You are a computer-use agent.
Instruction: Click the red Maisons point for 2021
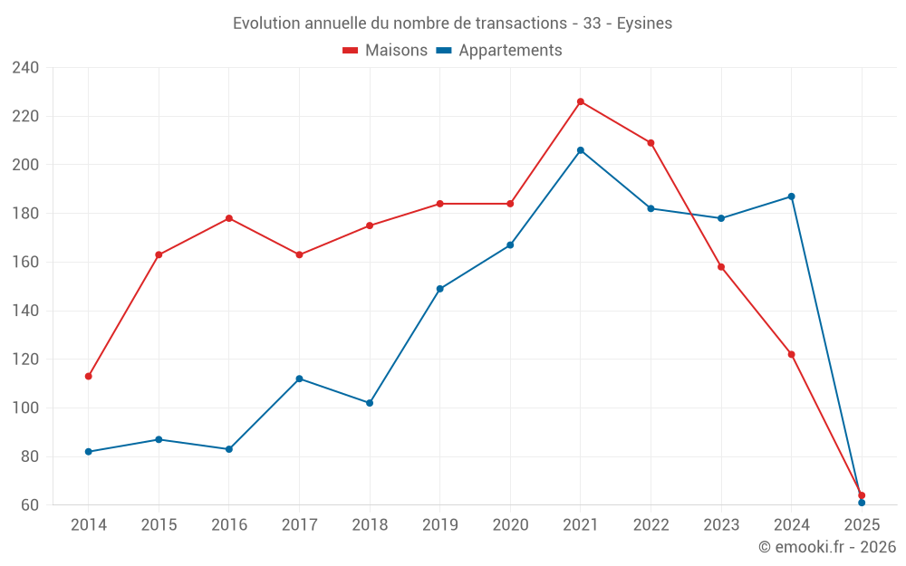coord(581,101)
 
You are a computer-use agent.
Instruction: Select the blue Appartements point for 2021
coord(581,150)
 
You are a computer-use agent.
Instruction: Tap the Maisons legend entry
coord(385,51)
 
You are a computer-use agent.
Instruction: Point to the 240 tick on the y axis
coord(26,68)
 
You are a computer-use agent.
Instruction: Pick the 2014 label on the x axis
coord(88,525)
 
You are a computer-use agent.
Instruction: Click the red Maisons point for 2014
coord(88,376)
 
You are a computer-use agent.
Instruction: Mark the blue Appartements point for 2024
coord(791,197)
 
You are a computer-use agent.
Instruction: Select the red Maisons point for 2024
coord(791,354)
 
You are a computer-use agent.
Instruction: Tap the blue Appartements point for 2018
coord(370,403)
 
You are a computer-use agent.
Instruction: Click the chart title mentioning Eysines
coord(452,24)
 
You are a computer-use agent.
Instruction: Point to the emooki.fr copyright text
coord(827,547)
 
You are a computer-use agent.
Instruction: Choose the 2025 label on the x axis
coord(862,525)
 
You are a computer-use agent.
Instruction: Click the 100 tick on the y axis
coord(26,408)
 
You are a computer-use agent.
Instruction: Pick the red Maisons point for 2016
coord(229,218)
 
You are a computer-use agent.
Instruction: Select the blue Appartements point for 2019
coord(439,289)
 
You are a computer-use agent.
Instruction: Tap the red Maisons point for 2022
coord(651,143)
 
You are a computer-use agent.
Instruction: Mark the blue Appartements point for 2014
coord(88,452)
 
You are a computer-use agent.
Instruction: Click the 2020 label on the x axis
coord(510,525)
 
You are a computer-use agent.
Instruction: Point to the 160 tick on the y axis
coord(26,263)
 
